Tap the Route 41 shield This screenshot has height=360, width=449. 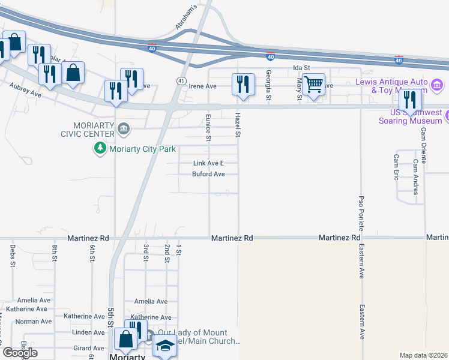181,80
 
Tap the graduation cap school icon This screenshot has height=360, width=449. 164,346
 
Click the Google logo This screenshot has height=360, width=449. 20,353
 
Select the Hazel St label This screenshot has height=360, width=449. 238,124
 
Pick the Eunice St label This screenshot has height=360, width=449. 209,128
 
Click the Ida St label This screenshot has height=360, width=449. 301,68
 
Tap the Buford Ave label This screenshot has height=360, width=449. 208,175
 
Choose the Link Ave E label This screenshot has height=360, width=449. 208,163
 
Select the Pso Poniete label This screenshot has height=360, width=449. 361,211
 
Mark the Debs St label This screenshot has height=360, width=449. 12,254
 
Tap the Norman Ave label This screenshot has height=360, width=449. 31,322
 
